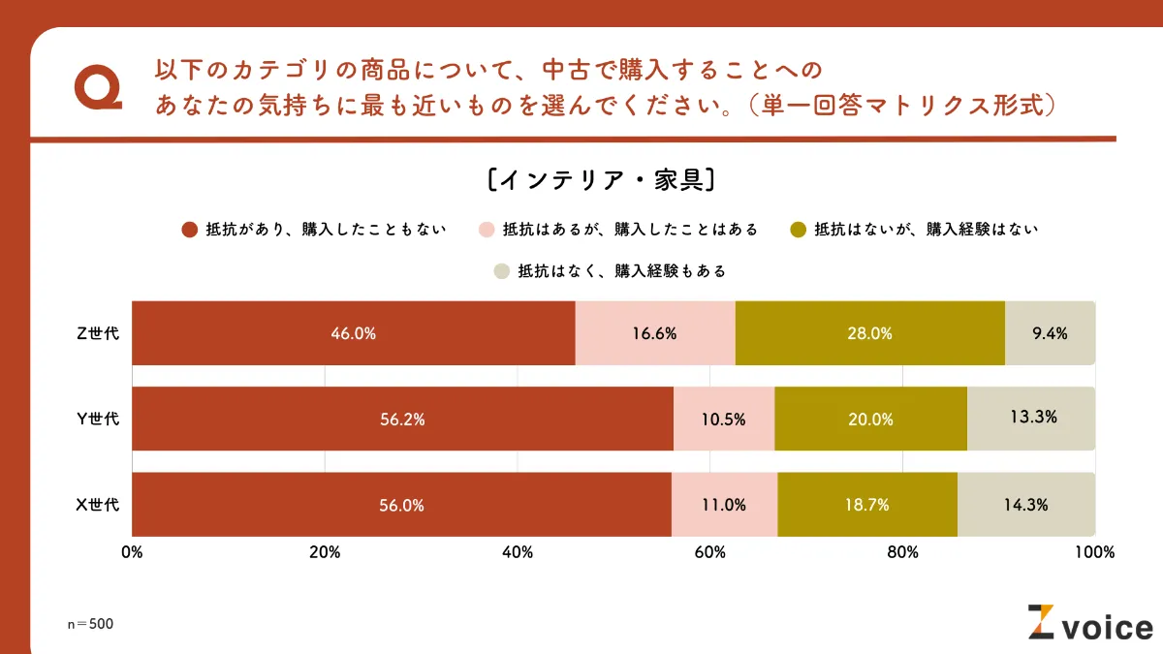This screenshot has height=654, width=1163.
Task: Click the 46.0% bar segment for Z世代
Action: pyautogui.click(x=353, y=333)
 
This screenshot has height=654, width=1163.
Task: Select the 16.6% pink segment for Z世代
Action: pyautogui.click(x=655, y=333)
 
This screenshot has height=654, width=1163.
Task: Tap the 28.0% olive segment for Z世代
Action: pyautogui.click(x=869, y=333)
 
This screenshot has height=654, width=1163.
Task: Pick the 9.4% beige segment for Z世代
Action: pyautogui.click(x=1050, y=333)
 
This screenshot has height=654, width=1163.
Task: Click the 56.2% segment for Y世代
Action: pyautogui.click(x=402, y=419)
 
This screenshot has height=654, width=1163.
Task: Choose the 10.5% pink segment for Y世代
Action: pyautogui.click(x=723, y=419)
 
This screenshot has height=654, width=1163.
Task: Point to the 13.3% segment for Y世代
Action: pyautogui.click(x=1031, y=419)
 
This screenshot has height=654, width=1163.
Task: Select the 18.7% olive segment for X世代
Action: pyautogui.click(x=866, y=505)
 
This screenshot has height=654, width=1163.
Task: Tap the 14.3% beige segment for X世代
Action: pyautogui.click(x=1026, y=505)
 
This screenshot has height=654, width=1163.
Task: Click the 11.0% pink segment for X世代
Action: pyautogui.click(x=724, y=505)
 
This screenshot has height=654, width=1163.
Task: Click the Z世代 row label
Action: pyautogui.click(x=98, y=333)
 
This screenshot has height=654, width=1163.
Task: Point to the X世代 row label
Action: pyautogui.click(x=98, y=505)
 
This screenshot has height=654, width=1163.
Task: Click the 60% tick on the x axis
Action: pyautogui.click(x=710, y=552)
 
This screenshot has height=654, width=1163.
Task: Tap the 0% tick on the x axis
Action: pyautogui.click(x=132, y=552)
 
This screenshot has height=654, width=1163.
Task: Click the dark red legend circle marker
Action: pyautogui.click(x=191, y=230)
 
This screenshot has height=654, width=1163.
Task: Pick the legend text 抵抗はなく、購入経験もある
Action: pyautogui.click(x=621, y=271)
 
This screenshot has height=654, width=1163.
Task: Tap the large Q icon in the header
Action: pyautogui.click(x=98, y=88)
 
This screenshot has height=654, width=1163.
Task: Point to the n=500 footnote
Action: pyautogui.click(x=90, y=624)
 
